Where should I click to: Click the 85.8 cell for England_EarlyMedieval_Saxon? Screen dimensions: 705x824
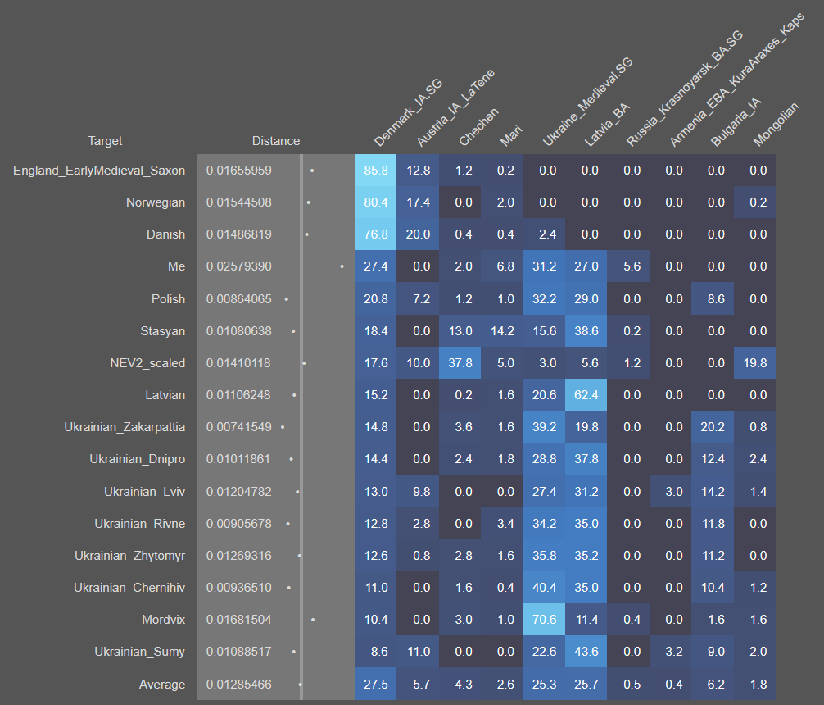tap(376, 171)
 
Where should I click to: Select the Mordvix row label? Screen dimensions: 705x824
tap(163, 620)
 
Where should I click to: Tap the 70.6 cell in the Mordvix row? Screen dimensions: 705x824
tap(544, 620)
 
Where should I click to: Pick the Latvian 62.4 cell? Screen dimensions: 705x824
tap(586, 395)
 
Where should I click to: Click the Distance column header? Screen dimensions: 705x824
tap(275, 141)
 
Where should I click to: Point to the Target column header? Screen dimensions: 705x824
tap(105, 141)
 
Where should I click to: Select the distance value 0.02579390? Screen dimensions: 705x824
tap(239, 266)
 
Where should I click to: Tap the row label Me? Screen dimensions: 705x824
tap(176, 266)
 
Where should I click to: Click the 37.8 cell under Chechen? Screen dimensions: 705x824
tap(460, 363)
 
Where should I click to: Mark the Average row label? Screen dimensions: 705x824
tap(162, 685)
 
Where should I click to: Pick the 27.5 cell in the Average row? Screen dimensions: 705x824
tap(376, 685)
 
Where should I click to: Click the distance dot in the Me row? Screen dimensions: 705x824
tap(342, 266)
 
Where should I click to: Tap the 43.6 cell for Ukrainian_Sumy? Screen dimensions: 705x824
tap(586, 652)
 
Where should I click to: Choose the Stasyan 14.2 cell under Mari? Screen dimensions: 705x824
tap(501, 331)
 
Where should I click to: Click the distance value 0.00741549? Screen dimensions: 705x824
tap(239, 427)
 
